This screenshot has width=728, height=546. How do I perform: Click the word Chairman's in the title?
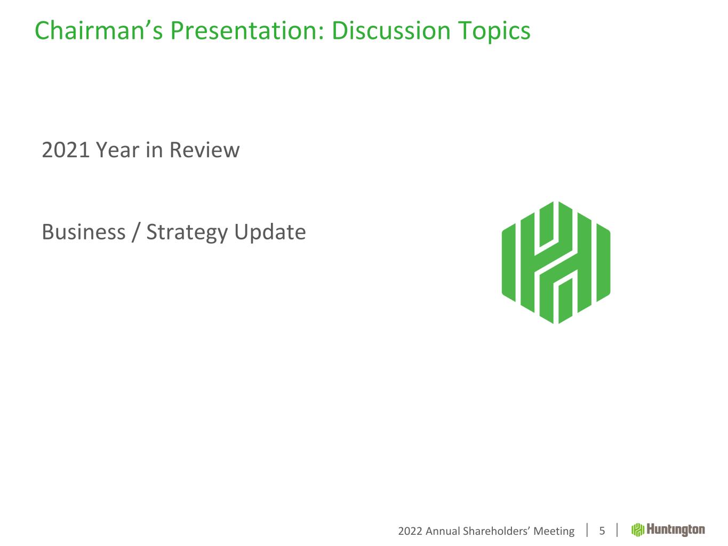(x=99, y=31)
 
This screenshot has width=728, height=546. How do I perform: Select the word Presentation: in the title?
(x=247, y=31)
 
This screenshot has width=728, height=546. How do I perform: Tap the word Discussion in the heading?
(x=391, y=31)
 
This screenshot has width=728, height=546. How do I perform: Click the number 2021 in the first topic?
(x=66, y=150)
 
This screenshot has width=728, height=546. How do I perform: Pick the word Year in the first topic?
(x=118, y=150)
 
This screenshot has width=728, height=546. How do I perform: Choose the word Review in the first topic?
(x=204, y=150)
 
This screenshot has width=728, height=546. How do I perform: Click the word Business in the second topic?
(x=84, y=232)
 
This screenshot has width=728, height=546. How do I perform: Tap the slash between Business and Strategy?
(x=135, y=232)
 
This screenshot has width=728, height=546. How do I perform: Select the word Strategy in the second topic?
(x=187, y=233)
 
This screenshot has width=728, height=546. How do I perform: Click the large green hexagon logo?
(x=556, y=262)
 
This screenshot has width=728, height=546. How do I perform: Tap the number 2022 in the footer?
(x=410, y=531)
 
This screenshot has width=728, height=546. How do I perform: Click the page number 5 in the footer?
(x=602, y=531)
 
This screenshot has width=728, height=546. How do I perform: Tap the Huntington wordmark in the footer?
(x=676, y=530)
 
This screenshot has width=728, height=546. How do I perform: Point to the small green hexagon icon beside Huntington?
(x=638, y=530)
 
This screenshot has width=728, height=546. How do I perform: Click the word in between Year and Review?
(x=154, y=150)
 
